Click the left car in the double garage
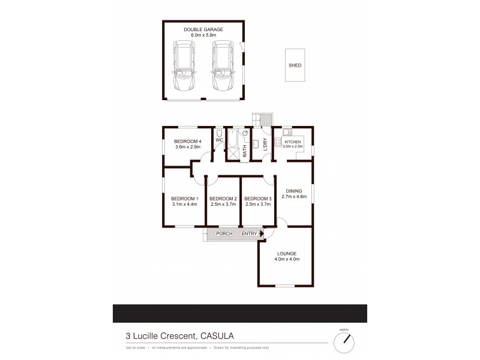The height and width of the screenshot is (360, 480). (x=184, y=66)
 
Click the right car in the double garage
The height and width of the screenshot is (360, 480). (x=223, y=66)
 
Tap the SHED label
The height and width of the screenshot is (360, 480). (x=295, y=66)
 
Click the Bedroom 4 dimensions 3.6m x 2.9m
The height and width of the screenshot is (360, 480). (x=186, y=147)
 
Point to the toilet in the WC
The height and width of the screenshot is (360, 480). (x=220, y=133)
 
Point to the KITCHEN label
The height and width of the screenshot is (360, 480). (x=293, y=141)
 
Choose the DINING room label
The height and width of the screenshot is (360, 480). (x=294, y=191)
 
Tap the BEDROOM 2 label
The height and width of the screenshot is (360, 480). (x=223, y=199)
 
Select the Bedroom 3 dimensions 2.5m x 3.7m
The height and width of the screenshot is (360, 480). (x=258, y=205)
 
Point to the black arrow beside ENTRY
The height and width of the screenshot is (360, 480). (x=261, y=233)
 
